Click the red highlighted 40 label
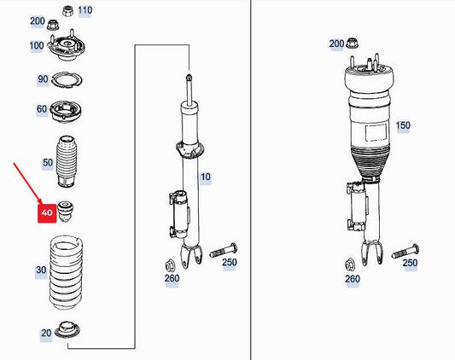(47, 213)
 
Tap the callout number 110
(85, 10)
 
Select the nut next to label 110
(67, 11)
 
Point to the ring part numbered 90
(67, 80)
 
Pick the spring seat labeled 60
(65, 112)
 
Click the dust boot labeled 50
(67, 161)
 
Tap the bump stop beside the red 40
(65, 212)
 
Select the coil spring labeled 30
(67, 273)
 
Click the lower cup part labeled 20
(67, 330)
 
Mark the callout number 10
(206, 177)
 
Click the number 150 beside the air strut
(403, 125)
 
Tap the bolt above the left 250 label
(224, 250)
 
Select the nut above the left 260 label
(169, 265)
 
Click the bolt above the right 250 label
(405, 251)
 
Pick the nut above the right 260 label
(350, 264)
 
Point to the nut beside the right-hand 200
(353, 43)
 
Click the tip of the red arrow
(42, 204)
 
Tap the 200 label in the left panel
(38, 21)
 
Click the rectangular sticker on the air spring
(376, 132)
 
